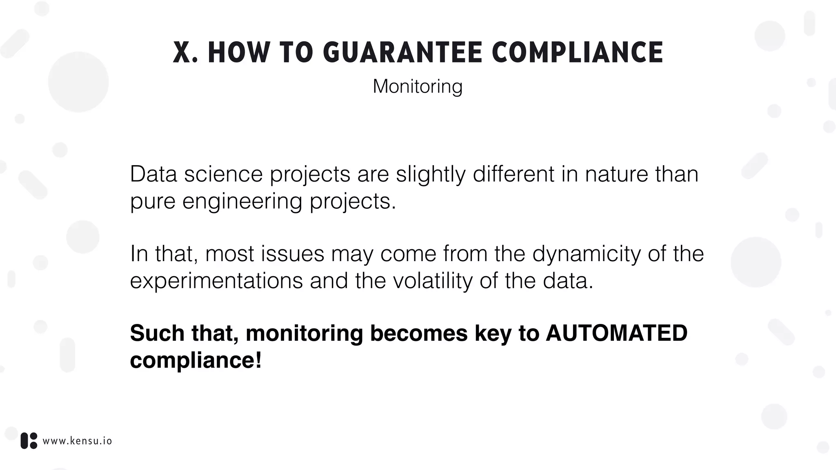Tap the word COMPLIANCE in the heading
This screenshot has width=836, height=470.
coord(577,53)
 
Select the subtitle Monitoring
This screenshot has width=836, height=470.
coord(418,86)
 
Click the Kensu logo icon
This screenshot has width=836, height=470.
coord(29,441)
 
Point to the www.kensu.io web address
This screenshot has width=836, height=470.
coord(77,441)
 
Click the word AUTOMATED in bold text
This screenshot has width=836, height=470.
coord(616,333)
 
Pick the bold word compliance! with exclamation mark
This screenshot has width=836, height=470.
coord(196,360)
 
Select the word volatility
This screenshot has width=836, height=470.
coord(433,281)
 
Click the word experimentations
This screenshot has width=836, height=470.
coord(216,281)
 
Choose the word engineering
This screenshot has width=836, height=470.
coord(242,201)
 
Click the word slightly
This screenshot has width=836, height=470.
coord(431,175)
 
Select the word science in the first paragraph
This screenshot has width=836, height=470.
coord(223,175)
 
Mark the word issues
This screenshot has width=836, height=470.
coord(292,254)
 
